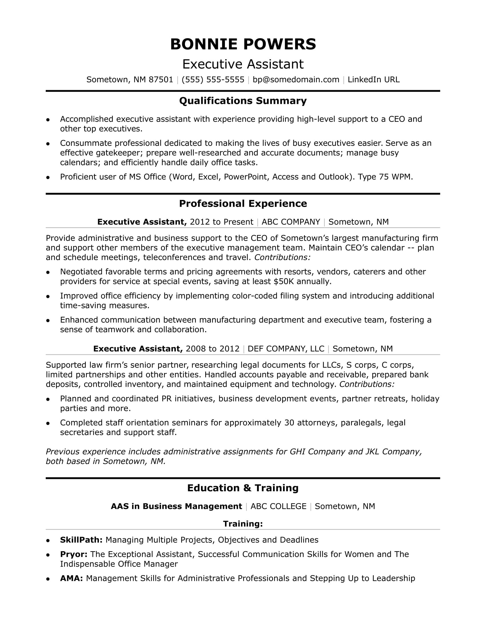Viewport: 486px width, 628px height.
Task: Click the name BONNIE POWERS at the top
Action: point(243,44)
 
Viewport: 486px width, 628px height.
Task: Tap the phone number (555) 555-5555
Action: point(213,80)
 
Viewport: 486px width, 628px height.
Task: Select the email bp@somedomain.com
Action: point(296,80)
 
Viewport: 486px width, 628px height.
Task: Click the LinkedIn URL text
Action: point(373,80)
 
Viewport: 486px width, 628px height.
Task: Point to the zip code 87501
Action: point(161,80)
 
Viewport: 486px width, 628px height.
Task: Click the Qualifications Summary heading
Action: point(243,101)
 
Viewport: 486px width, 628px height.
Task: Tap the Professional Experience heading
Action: point(243,204)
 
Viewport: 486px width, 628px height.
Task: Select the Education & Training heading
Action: point(243,488)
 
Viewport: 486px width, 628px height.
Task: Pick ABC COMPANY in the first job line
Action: point(291,222)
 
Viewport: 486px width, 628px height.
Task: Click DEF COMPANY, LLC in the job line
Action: point(286,349)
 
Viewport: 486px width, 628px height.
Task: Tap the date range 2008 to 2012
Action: point(212,349)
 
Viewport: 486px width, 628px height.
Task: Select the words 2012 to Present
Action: point(221,222)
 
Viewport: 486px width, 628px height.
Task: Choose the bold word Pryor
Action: point(74,554)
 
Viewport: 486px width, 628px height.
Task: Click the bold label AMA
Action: point(71,578)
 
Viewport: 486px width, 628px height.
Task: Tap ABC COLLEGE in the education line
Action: point(278,506)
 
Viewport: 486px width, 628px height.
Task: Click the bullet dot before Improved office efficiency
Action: point(48,296)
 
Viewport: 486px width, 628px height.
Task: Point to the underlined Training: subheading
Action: point(243,524)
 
